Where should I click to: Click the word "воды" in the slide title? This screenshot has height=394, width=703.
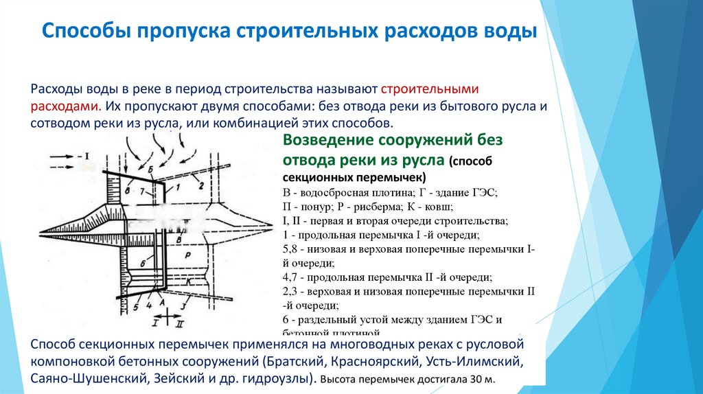[510, 32]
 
